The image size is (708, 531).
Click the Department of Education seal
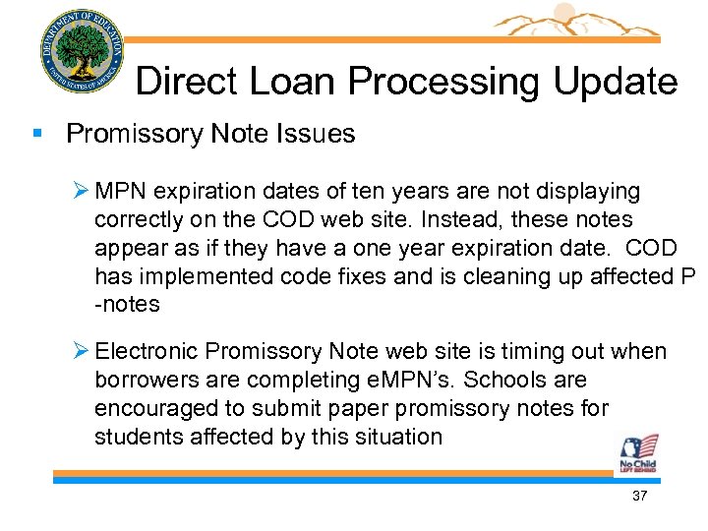point(82,50)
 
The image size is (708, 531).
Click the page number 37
point(640,497)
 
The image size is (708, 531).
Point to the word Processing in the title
point(432,82)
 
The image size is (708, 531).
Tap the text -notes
point(127,305)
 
